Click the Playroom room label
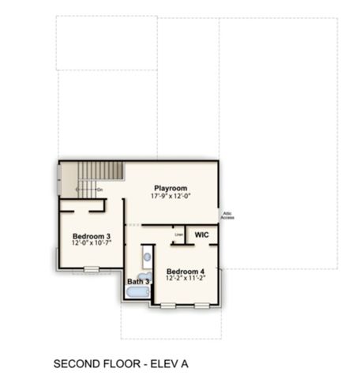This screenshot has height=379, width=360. tap(171, 188)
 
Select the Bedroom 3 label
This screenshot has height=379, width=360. tap(92, 236)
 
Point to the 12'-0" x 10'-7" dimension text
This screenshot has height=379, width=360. tap(92, 243)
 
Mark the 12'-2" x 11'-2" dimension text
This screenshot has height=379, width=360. tap(185, 278)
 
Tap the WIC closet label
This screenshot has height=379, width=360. tap(201, 235)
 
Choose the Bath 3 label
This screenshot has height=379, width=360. tap(138, 282)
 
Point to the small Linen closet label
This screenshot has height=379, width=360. tap(178, 234)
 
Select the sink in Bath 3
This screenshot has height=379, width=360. tap(146, 257)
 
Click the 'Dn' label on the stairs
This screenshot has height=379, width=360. tap(100, 189)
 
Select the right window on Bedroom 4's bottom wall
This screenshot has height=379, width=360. tap(201, 304)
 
